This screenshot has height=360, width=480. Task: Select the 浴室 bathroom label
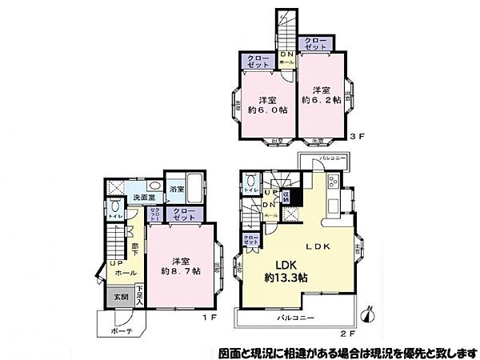pyautogui.click(x=177, y=189)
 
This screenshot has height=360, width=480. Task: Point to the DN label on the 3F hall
pyautogui.click(x=287, y=54)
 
